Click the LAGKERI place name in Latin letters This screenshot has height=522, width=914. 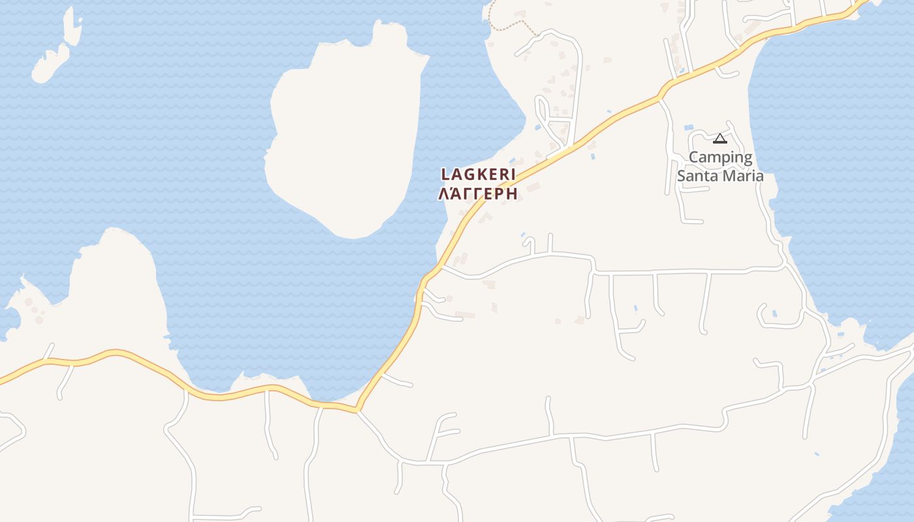479,174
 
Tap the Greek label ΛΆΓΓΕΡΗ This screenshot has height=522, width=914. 479,194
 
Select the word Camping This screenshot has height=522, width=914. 721,158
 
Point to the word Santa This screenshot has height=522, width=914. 697,176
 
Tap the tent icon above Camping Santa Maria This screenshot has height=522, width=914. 720,138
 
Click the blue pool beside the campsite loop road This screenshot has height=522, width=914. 689,127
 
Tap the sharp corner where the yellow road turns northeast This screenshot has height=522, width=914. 357,410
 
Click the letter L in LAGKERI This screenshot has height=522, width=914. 446,174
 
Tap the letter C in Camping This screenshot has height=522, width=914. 694,158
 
